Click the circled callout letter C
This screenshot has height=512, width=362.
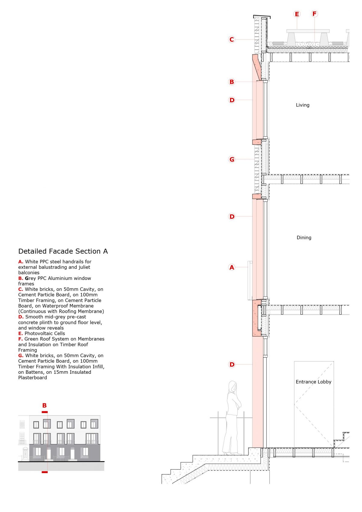tap(232, 40)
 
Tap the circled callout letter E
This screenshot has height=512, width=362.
tap(297, 14)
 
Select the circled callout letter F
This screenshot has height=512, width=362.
tap(314, 14)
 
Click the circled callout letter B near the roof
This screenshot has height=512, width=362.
tap(232, 82)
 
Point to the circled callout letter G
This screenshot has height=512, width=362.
tap(232, 159)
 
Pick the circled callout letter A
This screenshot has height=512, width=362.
tap(232, 267)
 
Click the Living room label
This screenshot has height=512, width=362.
tap(303, 105)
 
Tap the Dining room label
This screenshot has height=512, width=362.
tap(304, 237)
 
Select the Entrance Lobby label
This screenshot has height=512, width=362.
tap(313, 382)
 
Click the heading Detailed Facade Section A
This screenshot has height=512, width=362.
tap(63, 251)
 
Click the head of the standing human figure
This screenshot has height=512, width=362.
tap(233, 386)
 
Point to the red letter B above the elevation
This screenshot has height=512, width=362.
tap(44, 405)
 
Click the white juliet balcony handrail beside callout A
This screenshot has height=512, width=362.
tap(249, 281)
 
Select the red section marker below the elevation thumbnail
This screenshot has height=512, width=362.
tap(45, 472)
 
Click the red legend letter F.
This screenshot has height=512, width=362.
tap(20, 339)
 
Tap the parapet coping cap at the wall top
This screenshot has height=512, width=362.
tap(262, 16)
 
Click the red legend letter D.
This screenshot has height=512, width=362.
tap(21, 317)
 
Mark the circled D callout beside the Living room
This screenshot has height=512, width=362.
tap(232, 100)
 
